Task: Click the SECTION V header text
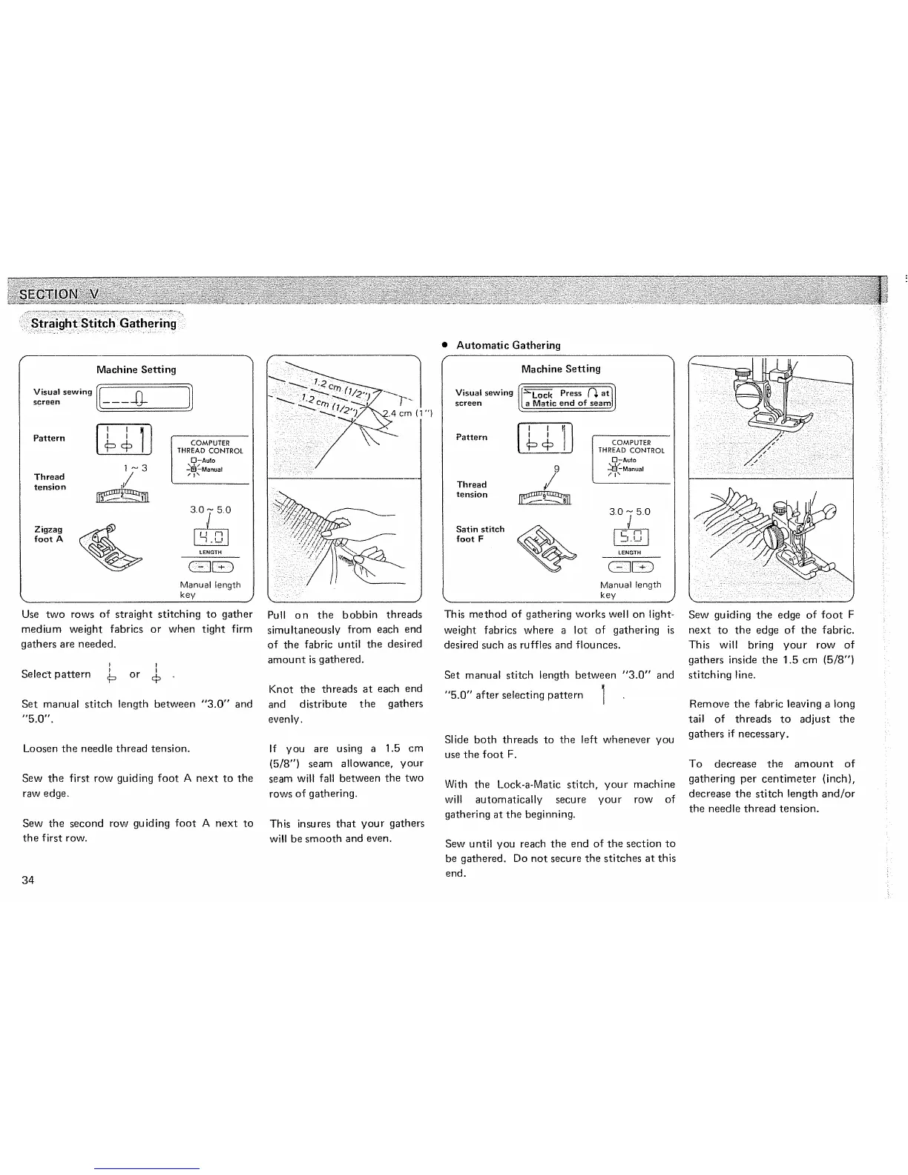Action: [x=59, y=293]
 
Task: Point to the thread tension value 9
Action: [x=556, y=469]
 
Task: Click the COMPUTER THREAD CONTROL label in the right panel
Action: [x=631, y=447]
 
